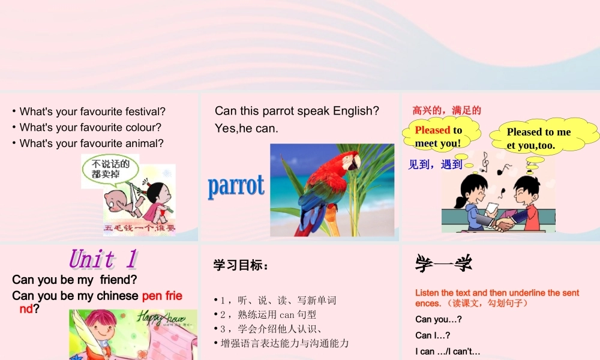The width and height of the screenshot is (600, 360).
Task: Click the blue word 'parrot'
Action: (x=236, y=186)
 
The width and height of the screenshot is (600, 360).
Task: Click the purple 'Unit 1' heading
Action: (x=103, y=259)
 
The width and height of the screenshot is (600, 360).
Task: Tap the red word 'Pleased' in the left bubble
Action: (x=433, y=130)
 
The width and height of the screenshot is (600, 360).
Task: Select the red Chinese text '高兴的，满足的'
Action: (x=447, y=110)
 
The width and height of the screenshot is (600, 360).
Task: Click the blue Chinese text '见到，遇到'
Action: (x=435, y=164)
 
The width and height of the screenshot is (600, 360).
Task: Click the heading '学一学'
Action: (x=443, y=263)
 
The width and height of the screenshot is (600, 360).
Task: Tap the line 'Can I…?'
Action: (x=433, y=335)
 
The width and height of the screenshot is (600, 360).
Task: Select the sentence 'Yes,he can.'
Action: (x=247, y=128)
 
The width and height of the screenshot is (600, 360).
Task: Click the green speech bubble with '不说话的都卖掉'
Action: (x=110, y=169)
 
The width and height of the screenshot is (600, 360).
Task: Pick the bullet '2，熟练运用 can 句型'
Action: (x=268, y=314)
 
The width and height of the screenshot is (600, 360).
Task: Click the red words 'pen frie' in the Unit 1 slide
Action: (x=162, y=296)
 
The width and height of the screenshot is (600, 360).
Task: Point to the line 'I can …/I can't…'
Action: (x=448, y=351)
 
